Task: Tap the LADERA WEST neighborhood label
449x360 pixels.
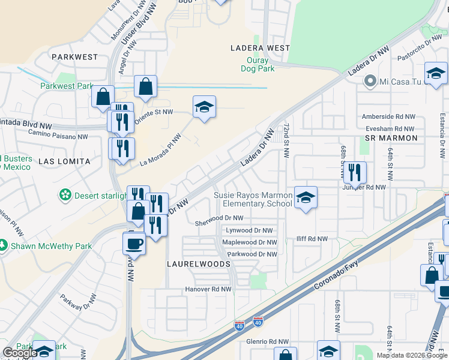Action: pyautogui.click(x=261, y=47)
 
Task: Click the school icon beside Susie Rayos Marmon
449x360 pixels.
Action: pyautogui.click(x=306, y=197)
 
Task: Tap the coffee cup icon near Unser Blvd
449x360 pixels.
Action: pyautogui.click(x=134, y=243)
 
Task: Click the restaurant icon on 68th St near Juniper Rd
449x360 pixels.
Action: pyautogui.click(x=355, y=173)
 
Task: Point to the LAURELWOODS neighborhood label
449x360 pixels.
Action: pyautogui.click(x=198, y=264)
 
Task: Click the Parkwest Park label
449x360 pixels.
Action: pyautogui.click(x=66, y=86)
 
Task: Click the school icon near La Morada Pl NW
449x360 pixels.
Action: pyautogui.click(x=204, y=107)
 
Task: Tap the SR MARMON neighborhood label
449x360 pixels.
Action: pyautogui.click(x=391, y=138)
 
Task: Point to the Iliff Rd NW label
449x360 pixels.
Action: pyautogui.click(x=312, y=239)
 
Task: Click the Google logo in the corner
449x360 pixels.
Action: pyautogui.click(x=19, y=353)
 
